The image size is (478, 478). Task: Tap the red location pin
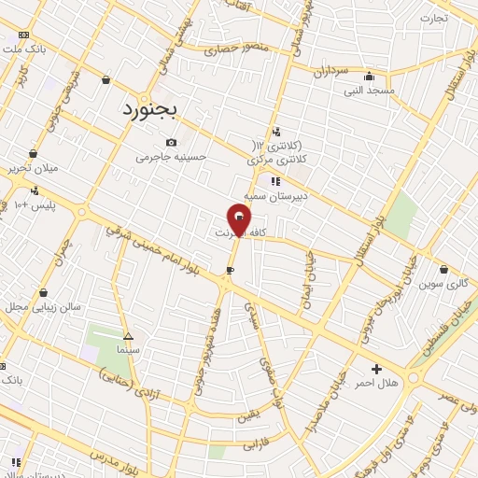point(239,219)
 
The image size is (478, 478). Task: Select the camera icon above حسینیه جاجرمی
point(171,142)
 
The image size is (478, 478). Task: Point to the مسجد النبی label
point(370,91)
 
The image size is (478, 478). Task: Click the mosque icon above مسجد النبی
point(370,77)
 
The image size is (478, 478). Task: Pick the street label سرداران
point(330,71)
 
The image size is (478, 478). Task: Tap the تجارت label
point(434,18)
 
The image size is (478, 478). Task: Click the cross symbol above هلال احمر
point(376,369)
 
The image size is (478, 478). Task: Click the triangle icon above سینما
point(128,336)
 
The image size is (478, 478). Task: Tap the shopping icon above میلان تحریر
point(34,154)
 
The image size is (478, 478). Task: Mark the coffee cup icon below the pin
point(230,271)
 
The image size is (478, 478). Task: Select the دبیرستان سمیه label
point(269,197)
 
